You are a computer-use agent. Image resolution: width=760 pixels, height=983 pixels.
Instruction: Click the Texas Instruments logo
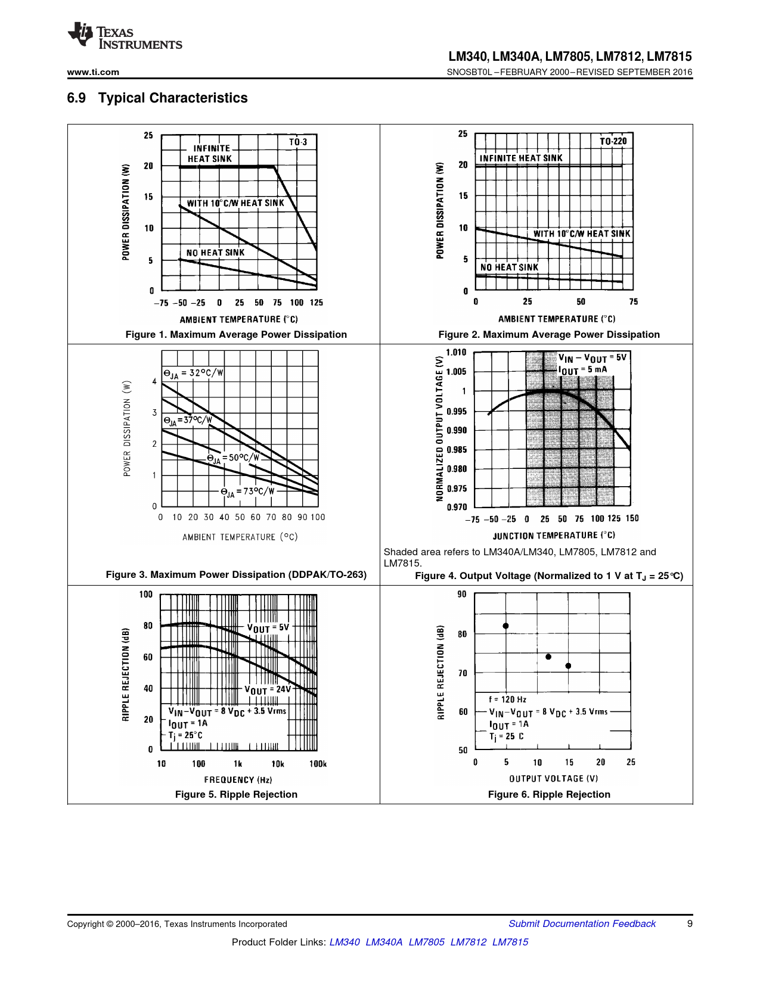(125, 36)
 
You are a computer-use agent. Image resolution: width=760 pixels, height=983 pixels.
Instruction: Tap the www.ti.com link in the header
(93, 72)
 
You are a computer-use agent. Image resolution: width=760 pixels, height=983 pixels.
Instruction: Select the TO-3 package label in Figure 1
(298, 142)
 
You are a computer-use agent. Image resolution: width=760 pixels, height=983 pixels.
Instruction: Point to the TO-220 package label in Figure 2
(613, 141)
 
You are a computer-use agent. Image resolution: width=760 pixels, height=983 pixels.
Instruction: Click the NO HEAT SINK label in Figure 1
(215, 253)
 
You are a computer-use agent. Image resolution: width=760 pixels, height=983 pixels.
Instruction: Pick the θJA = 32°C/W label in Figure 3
(193, 374)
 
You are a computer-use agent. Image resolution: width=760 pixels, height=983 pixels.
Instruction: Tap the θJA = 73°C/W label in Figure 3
(247, 491)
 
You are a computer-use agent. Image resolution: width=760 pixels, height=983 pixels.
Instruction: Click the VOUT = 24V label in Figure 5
(268, 689)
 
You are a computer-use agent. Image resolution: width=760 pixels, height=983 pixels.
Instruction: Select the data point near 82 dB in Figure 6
(505, 626)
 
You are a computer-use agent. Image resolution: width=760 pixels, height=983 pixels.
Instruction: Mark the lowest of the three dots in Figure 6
(569, 666)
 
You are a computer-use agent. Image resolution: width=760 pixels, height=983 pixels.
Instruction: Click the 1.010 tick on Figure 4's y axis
(456, 352)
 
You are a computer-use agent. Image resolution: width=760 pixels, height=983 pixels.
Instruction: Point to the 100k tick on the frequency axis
(318, 764)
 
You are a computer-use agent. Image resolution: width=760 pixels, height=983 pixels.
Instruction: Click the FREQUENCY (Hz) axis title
(238, 779)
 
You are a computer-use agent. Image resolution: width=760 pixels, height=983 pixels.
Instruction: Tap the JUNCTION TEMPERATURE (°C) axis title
(554, 535)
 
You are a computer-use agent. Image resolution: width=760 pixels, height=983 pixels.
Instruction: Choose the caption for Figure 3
(236, 574)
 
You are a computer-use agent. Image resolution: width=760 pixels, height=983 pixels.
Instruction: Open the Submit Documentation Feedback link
(582, 923)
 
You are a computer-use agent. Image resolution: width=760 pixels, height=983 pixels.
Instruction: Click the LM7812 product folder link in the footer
(468, 942)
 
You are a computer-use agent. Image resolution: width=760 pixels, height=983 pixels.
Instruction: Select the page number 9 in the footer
(690, 923)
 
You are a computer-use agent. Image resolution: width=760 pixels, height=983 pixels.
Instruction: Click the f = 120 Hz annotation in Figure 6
(507, 699)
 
